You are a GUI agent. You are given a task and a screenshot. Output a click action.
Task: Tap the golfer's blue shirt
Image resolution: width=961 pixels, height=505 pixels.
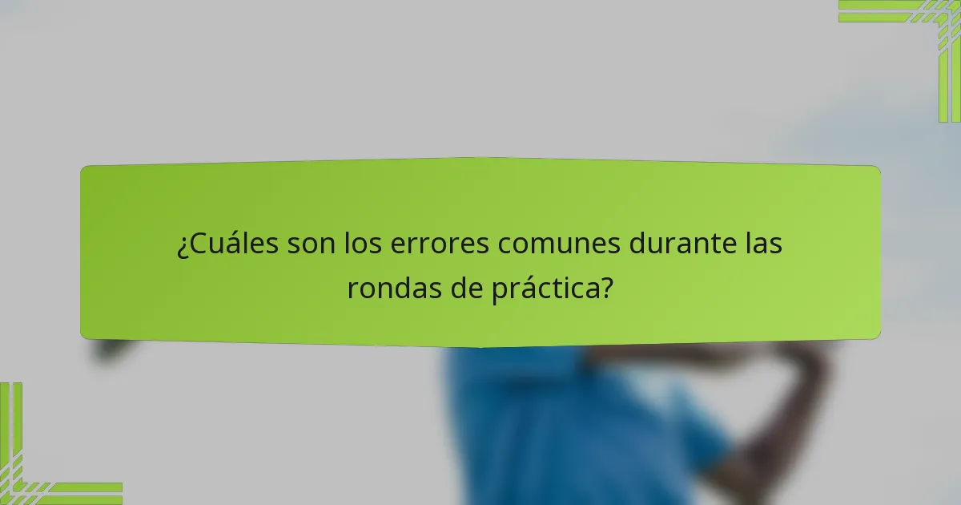coord(561,425)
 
